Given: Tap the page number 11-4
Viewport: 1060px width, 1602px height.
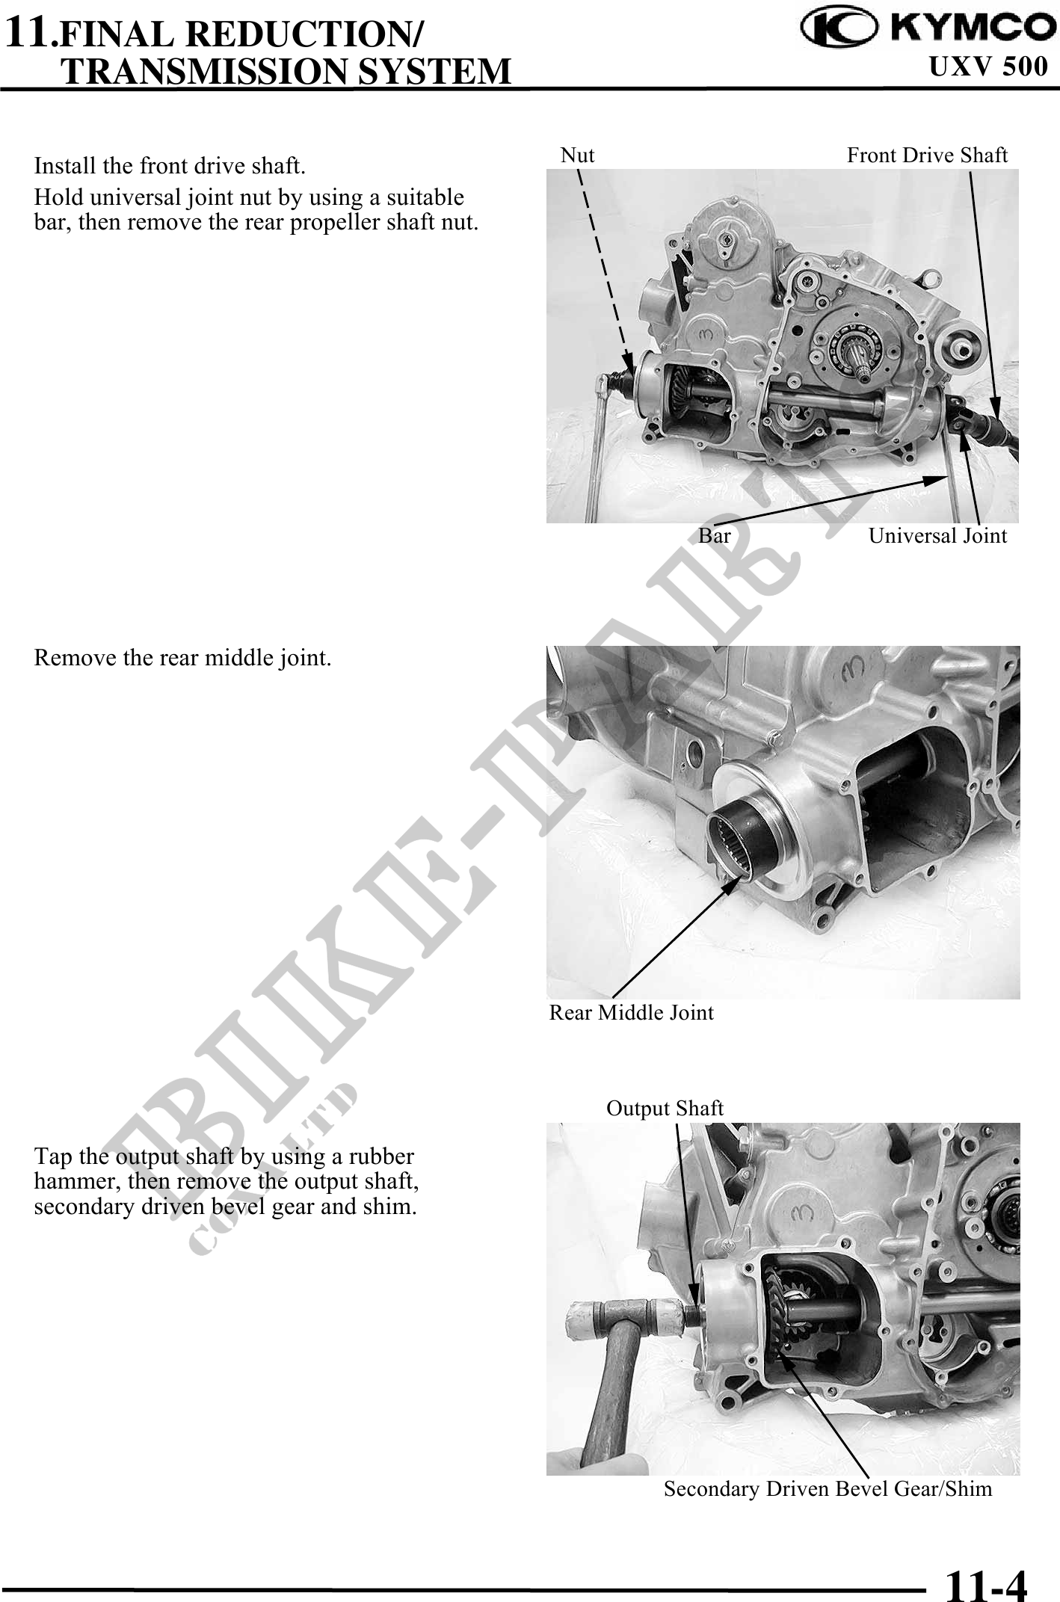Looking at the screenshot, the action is pyautogui.click(x=987, y=1582).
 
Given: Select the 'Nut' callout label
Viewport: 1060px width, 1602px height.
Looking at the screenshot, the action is pyautogui.click(x=577, y=155).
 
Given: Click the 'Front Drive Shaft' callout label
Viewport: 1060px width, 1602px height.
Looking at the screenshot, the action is pyautogui.click(x=927, y=155).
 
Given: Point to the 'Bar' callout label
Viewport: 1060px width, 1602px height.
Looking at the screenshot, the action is pyautogui.click(x=715, y=535).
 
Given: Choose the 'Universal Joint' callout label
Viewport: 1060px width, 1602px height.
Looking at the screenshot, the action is pyautogui.click(x=937, y=535).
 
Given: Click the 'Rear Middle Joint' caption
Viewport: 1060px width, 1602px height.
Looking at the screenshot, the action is pyautogui.click(x=632, y=1012).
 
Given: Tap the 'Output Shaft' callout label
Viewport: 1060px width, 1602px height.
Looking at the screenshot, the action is pyautogui.click(x=665, y=1108).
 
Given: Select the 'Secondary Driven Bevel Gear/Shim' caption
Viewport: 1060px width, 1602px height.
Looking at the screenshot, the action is pyautogui.click(x=828, y=1489).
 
